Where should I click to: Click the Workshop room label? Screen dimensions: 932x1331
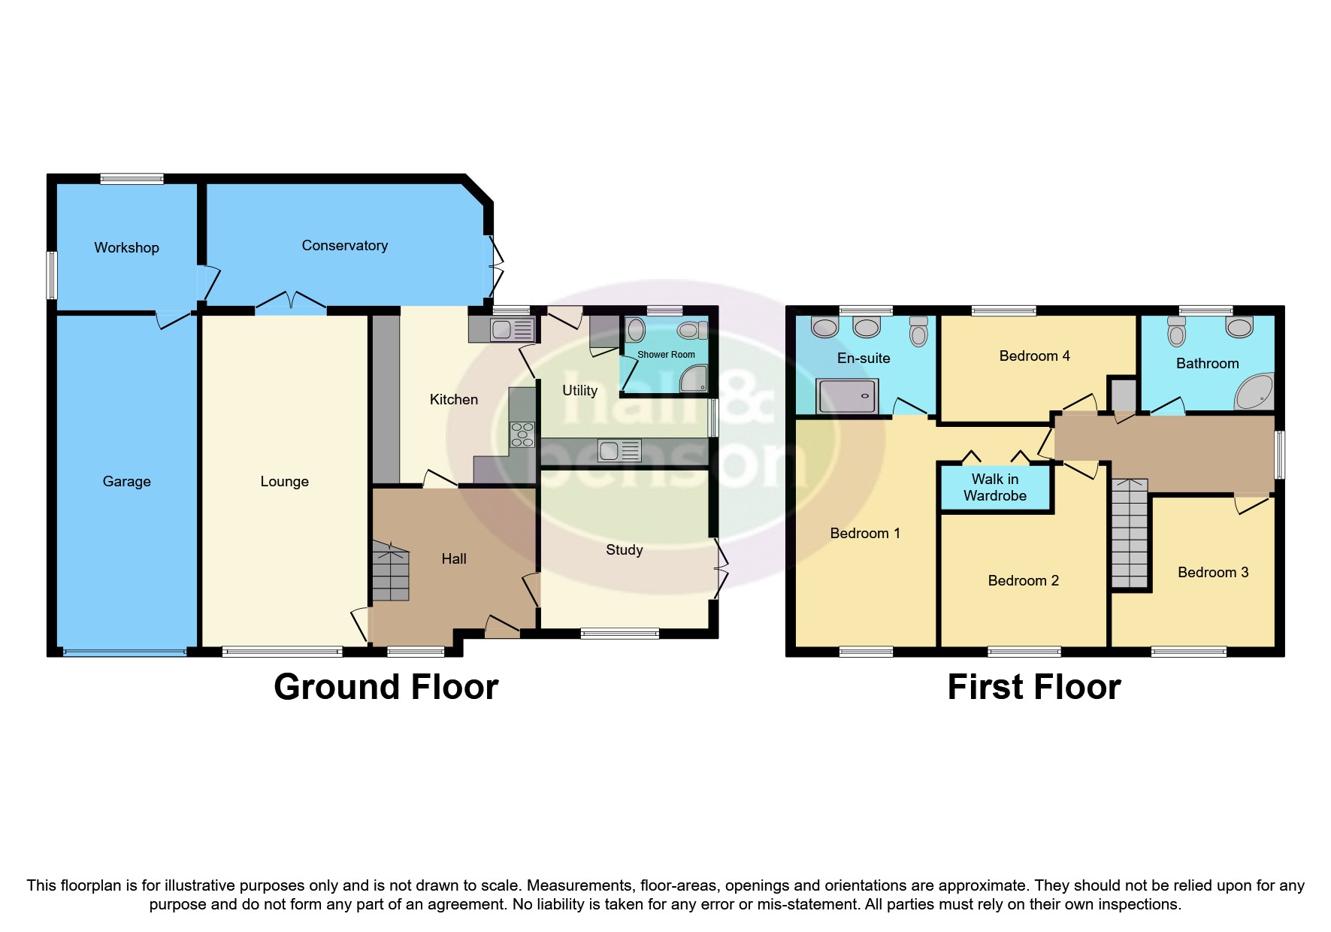(126, 247)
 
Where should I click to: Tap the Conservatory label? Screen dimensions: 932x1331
(344, 245)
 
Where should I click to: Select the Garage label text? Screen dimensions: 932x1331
(126, 481)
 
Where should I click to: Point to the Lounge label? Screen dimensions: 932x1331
(284, 481)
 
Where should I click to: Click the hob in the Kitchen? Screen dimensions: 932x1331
(522, 434)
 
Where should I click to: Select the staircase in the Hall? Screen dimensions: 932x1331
(390, 573)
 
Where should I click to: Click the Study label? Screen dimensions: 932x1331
(624, 549)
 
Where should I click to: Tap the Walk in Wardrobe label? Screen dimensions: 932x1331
(994, 487)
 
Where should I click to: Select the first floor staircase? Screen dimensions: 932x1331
(1130, 534)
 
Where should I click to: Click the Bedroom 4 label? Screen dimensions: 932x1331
(1034, 356)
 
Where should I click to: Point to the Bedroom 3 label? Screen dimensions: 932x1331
(1212, 572)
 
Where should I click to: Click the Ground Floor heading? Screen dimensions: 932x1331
(386, 686)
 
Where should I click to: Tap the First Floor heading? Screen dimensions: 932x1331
(1033, 686)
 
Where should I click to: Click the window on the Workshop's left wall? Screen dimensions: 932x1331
(52, 274)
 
